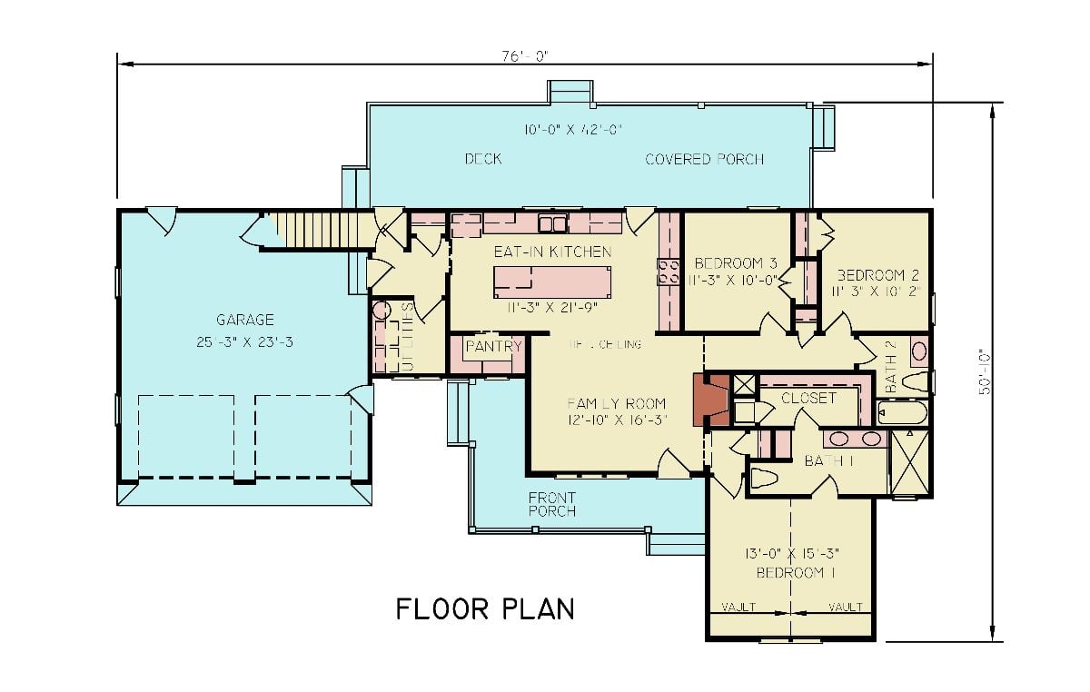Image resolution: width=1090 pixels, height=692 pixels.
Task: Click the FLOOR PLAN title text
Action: tap(485, 608)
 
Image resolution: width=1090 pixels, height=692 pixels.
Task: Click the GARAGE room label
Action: tap(244, 320)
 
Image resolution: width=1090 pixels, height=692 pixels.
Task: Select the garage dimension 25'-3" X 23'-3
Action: tap(244, 341)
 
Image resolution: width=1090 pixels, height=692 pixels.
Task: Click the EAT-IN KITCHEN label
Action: tap(552, 251)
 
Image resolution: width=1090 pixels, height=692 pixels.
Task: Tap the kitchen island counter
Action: tap(552, 282)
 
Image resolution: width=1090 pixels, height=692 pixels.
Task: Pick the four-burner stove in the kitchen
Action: tap(669, 271)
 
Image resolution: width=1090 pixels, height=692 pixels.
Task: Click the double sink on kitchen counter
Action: tap(551, 222)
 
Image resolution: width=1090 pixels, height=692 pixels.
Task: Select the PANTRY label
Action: tap(493, 346)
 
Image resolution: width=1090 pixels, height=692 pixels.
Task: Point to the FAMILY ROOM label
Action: tap(616, 403)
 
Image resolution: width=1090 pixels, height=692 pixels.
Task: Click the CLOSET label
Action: tap(808, 398)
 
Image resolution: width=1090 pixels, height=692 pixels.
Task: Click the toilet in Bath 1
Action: tap(765, 478)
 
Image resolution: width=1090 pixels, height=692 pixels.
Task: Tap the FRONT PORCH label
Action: tap(552, 504)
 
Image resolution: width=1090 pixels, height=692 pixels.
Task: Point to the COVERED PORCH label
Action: tap(704, 159)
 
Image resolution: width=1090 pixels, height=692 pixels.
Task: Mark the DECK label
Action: tap(483, 159)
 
